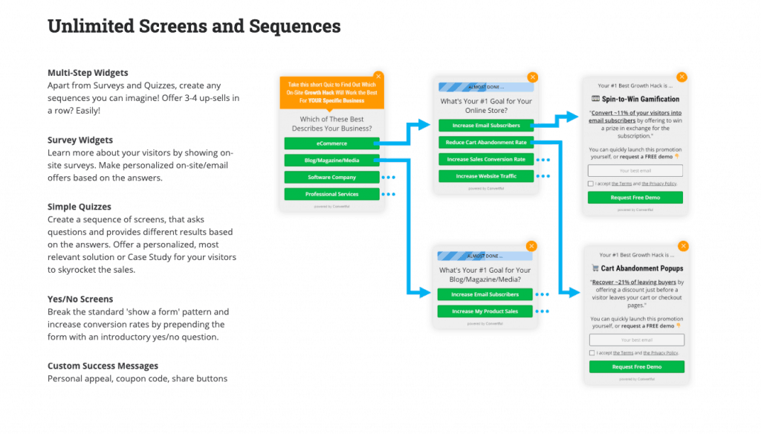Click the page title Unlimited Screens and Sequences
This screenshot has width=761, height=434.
click(194, 27)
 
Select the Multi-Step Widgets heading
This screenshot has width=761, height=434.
click(88, 73)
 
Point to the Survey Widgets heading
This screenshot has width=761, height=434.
click(80, 140)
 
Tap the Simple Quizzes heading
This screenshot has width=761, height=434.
click(80, 207)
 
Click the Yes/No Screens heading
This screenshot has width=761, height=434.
click(80, 299)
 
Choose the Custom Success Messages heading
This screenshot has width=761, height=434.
click(103, 366)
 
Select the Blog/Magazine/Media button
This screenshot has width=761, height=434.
click(331, 160)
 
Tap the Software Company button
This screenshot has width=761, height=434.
click(331, 177)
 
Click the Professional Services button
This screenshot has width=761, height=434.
click(331, 194)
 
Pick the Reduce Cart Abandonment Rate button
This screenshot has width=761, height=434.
click(485, 142)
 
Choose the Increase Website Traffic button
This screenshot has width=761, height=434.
click(485, 176)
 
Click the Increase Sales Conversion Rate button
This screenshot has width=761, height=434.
click(485, 159)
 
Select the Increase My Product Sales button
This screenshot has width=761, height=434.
click(485, 311)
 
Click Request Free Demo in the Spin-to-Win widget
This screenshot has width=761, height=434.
click(635, 198)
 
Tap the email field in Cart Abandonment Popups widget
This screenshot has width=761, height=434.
click(636, 340)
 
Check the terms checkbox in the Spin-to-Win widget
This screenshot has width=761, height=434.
click(590, 184)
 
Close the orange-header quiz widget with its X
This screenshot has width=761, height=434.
click(378, 76)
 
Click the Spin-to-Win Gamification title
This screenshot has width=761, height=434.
click(635, 99)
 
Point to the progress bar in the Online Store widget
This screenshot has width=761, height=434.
click(485, 86)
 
